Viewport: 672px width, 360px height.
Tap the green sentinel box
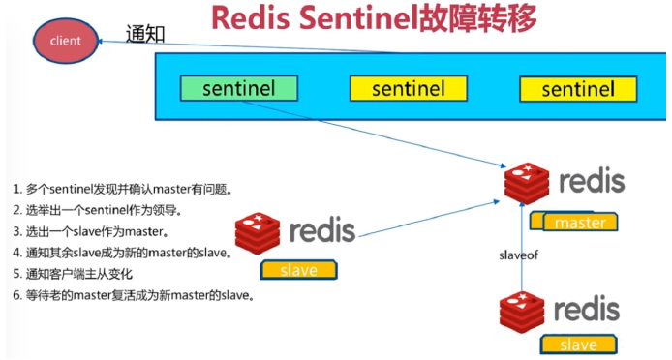point(239,89)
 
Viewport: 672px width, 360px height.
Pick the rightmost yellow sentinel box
point(578,90)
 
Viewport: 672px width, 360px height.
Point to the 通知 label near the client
point(145,34)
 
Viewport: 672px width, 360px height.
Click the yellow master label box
point(580,223)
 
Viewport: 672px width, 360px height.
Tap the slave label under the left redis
point(297,270)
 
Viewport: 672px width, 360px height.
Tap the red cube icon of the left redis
point(258,233)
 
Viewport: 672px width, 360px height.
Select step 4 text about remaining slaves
point(121,253)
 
